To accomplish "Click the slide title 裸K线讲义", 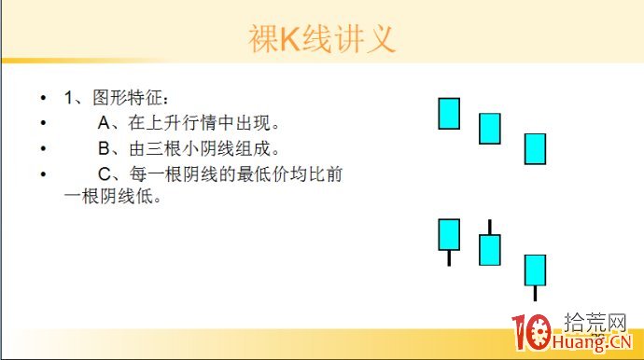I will (322, 39).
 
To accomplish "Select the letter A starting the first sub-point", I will (104, 123).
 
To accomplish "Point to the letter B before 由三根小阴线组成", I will (104, 148).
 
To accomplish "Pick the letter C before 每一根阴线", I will (104, 173).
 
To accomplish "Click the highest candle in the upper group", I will (449, 113).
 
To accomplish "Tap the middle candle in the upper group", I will (490, 129).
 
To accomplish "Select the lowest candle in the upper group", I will (535, 148).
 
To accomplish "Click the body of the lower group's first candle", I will (449, 234).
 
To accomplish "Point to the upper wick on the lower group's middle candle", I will (490, 227).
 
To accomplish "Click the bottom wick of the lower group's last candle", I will (535, 293).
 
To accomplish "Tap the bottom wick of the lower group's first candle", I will (449, 257).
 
